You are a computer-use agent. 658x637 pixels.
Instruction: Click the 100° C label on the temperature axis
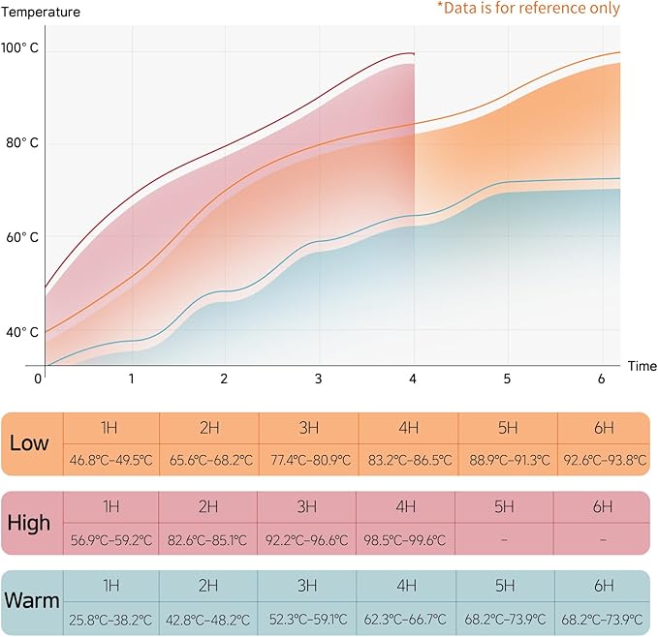click(19, 47)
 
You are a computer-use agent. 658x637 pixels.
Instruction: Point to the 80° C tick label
click(20, 143)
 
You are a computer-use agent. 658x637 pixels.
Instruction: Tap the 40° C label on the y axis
click(20, 332)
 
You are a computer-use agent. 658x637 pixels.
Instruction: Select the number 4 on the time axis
click(413, 378)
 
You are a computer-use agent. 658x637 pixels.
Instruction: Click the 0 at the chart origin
click(39, 378)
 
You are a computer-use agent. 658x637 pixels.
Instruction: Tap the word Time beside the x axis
click(641, 366)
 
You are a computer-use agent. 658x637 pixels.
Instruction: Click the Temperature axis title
click(41, 13)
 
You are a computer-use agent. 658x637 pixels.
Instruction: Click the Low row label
click(29, 444)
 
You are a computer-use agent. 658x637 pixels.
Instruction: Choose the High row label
click(29, 523)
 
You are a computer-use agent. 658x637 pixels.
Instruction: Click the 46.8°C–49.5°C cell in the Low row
click(111, 460)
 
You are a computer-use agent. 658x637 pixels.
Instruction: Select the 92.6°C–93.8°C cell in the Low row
click(605, 460)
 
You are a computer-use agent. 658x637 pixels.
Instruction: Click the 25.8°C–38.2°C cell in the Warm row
click(111, 618)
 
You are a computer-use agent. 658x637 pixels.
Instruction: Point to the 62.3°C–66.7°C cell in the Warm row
click(407, 618)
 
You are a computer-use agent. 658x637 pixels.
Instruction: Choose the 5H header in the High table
click(504, 506)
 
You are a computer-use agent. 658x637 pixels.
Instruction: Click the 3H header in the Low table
click(308, 427)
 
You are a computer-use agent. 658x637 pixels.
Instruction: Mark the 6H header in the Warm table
click(603, 585)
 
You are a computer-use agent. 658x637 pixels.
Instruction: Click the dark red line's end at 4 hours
click(414, 53)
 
